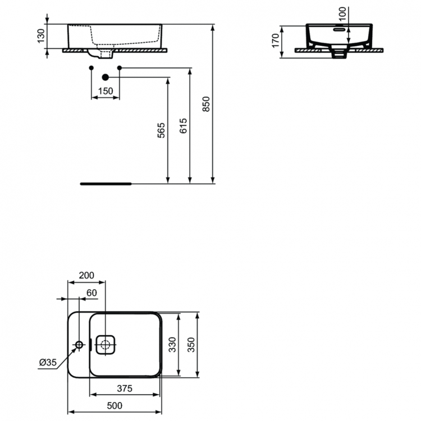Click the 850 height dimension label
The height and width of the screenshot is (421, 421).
click(206, 104)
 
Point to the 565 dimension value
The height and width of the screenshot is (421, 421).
click(161, 130)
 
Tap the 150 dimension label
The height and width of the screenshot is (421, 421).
click(106, 91)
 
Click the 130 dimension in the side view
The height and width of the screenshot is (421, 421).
click(39, 36)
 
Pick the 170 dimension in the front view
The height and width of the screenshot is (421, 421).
click(275, 40)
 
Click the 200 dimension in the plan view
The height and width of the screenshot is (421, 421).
click(86, 276)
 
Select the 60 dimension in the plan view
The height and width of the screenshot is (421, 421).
click(92, 292)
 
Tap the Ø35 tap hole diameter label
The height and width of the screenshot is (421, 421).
click(47, 363)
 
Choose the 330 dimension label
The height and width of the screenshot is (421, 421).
click(172, 345)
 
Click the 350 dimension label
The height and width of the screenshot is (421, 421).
click(191, 345)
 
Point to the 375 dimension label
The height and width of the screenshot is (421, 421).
click(124, 388)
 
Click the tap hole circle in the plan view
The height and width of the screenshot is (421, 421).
click(79, 344)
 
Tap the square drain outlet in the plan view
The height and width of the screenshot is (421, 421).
click(106, 344)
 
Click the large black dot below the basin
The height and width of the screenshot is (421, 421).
click(105, 77)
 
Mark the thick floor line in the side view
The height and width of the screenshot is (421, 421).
click(106, 183)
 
